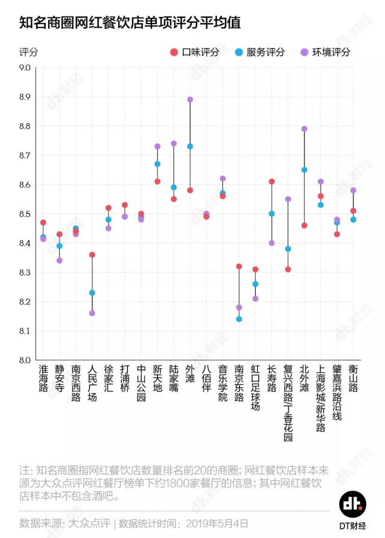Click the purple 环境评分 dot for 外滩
(190, 100)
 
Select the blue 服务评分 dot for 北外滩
(304, 170)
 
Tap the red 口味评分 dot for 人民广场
(92, 255)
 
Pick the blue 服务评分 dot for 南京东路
(239, 319)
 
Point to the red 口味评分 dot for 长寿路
(271, 181)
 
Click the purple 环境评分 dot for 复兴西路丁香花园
(288, 199)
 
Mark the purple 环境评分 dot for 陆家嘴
(174, 144)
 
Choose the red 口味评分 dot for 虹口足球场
(255, 270)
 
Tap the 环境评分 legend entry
(325, 52)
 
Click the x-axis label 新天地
(157, 378)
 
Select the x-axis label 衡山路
(353, 378)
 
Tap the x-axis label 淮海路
(43, 378)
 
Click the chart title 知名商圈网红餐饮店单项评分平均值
(130, 23)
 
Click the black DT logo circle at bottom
(353, 504)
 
